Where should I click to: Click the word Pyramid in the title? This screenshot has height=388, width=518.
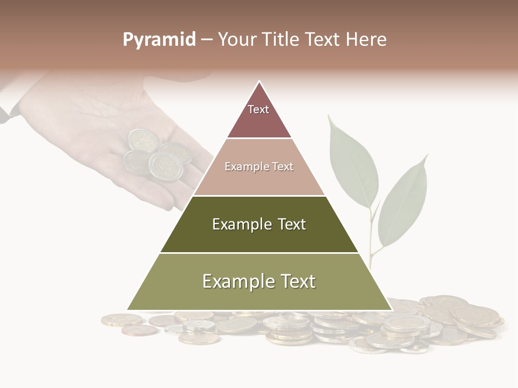[159, 40]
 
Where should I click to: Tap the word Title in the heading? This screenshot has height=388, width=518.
[281, 40]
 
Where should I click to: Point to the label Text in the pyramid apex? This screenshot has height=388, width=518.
[258, 109]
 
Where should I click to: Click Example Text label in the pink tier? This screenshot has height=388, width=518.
[259, 167]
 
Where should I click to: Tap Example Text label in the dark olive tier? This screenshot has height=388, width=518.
[259, 224]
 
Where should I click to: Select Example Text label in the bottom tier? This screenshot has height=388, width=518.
[259, 281]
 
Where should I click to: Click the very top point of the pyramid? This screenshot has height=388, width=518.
[260, 82]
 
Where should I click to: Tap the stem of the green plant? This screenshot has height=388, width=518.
[372, 237]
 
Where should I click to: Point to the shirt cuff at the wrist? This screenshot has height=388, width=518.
[5, 110]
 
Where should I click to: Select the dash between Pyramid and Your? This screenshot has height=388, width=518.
[207, 40]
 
